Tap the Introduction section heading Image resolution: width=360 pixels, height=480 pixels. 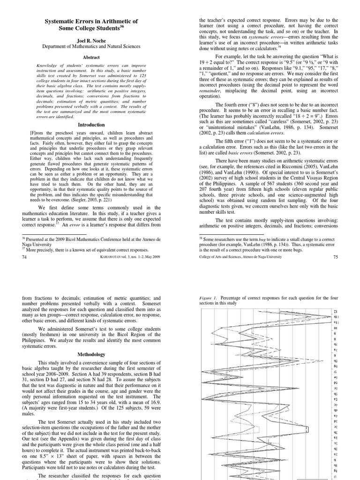point(91,125)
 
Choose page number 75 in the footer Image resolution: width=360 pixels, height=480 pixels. point(335,257)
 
